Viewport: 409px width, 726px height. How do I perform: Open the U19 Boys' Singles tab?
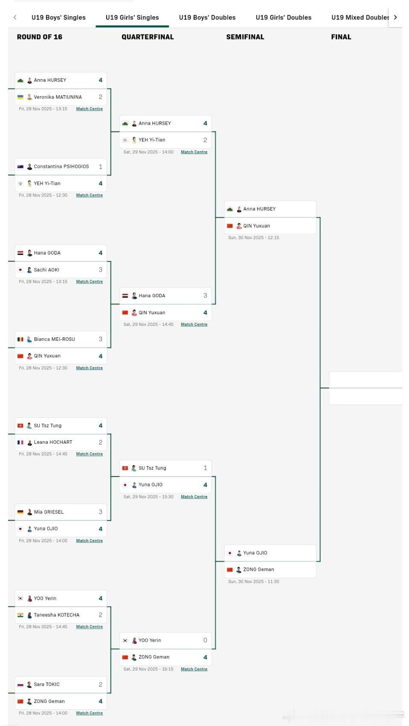point(58,18)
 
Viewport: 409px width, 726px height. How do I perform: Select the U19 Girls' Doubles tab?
point(283,18)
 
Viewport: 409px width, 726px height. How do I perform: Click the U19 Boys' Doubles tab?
point(207,18)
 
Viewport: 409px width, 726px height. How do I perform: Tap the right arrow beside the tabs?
point(395,18)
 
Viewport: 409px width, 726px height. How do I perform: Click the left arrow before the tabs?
point(15,18)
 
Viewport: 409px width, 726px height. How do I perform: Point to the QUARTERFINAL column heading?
point(148,37)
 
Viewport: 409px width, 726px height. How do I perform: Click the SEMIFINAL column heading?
point(245,37)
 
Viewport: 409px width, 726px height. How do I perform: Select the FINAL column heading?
point(341,37)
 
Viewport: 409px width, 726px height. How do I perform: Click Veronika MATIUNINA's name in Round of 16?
point(58,97)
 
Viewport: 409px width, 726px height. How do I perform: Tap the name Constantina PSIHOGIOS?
point(61,167)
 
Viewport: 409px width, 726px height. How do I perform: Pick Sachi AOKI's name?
point(46,270)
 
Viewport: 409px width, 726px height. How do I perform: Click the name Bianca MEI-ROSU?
point(54,339)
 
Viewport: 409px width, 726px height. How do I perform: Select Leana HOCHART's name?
point(53,442)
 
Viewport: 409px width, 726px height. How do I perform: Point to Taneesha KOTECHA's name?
point(57,615)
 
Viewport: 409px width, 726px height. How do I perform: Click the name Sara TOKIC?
point(46,684)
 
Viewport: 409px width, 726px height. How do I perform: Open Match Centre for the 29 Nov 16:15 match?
point(194,669)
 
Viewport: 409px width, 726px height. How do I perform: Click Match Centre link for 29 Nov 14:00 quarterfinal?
point(194,152)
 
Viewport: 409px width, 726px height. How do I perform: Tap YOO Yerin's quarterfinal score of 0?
point(205,640)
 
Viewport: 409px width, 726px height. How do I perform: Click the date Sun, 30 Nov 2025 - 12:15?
point(253,238)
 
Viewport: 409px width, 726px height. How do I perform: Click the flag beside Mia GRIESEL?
point(20,512)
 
